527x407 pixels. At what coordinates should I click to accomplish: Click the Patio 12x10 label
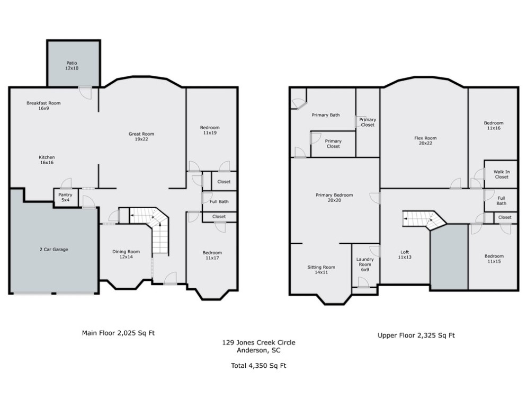72,66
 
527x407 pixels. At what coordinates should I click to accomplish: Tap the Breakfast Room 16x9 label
43,105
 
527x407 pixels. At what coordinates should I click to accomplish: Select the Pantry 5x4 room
65,198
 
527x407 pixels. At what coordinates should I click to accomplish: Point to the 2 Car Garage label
53,249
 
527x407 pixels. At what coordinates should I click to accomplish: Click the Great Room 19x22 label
141,137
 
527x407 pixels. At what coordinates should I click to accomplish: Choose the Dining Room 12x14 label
126,255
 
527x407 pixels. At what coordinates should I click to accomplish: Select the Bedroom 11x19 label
210,130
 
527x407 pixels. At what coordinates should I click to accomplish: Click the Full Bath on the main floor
219,201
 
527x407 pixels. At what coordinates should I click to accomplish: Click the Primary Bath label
326,115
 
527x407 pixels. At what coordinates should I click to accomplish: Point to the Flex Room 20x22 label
425,140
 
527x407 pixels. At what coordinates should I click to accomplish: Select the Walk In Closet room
501,174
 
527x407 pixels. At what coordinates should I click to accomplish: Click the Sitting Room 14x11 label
321,270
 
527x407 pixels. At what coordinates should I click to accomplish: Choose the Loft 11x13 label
404,255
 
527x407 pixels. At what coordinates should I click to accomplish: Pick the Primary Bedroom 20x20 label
334,198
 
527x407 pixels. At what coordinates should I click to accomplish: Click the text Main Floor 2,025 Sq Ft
118,333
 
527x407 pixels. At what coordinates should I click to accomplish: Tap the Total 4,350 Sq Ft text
259,366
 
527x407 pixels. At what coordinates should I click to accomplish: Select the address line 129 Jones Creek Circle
258,343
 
